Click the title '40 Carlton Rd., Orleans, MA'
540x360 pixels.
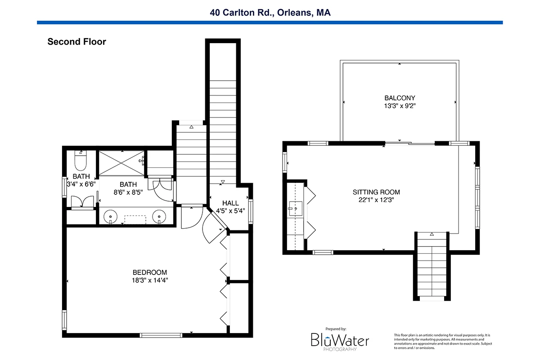click(270, 13)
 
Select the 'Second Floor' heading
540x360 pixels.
click(76, 42)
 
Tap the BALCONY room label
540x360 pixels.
click(400, 98)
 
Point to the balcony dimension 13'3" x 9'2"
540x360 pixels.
click(400, 106)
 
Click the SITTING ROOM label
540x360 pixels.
click(376, 192)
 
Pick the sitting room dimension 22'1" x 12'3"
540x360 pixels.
click(376, 200)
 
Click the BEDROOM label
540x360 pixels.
click(150, 272)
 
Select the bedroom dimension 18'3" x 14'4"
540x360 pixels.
click(150, 280)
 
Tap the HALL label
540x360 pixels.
click(230, 203)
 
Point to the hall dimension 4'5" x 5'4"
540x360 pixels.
click(230, 211)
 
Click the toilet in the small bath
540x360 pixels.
click(81, 160)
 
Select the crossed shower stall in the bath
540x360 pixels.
click(122, 163)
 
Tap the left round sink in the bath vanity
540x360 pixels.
click(110, 216)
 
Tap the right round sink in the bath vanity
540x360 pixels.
click(159, 216)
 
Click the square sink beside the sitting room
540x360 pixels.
click(295, 208)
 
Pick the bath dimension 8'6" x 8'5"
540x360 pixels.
click(128, 188)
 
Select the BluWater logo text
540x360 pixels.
click(340, 340)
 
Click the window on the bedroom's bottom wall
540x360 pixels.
click(161, 335)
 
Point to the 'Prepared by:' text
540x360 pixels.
click(336, 329)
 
